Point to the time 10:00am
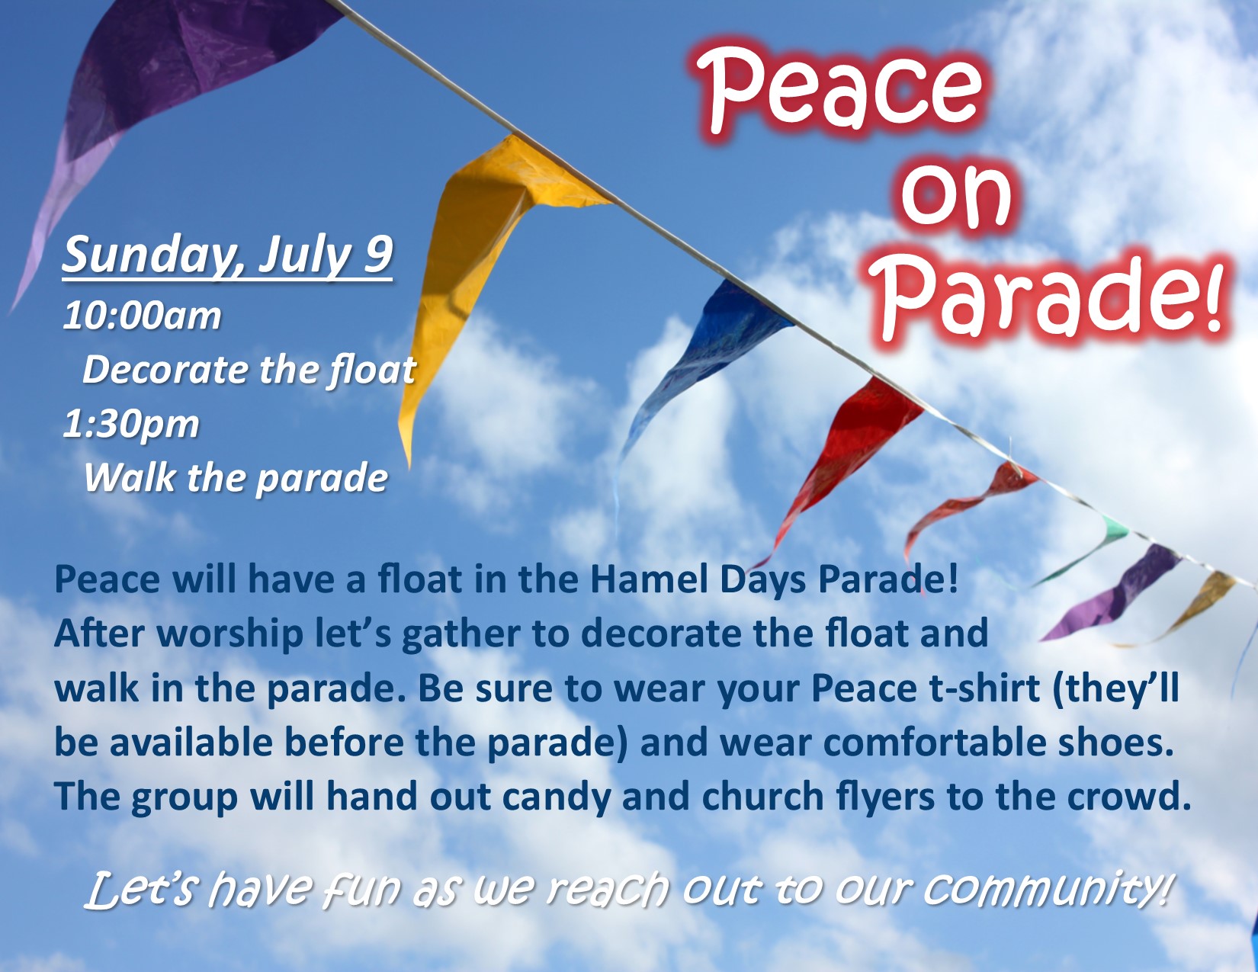pos(142,316)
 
